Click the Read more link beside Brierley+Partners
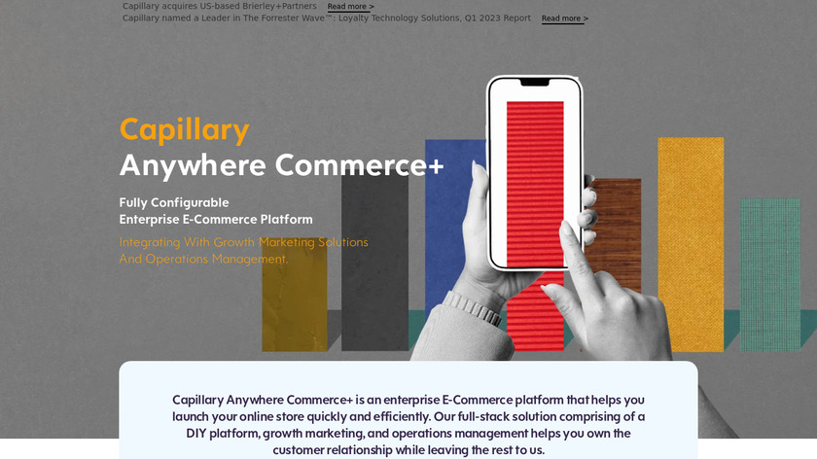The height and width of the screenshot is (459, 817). click(350, 7)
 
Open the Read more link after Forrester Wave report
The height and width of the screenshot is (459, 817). click(565, 18)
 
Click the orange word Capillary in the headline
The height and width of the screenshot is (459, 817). click(185, 129)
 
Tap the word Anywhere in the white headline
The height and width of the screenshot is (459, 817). click(193, 165)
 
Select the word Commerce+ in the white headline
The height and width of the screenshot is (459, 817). click(360, 165)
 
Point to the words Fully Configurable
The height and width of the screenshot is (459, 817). click(174, 202)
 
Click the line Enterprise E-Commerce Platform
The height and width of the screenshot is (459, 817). click(216, 220)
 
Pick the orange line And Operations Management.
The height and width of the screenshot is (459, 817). click(203, 259)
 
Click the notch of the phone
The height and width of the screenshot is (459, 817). click(535, 83)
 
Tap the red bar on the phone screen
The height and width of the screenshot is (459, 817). click(535, 183)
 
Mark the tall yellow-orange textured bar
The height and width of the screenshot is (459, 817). click(691, 244)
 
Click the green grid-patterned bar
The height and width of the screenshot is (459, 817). click(770, 274)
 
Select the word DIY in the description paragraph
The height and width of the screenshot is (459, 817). click(195, 434)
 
